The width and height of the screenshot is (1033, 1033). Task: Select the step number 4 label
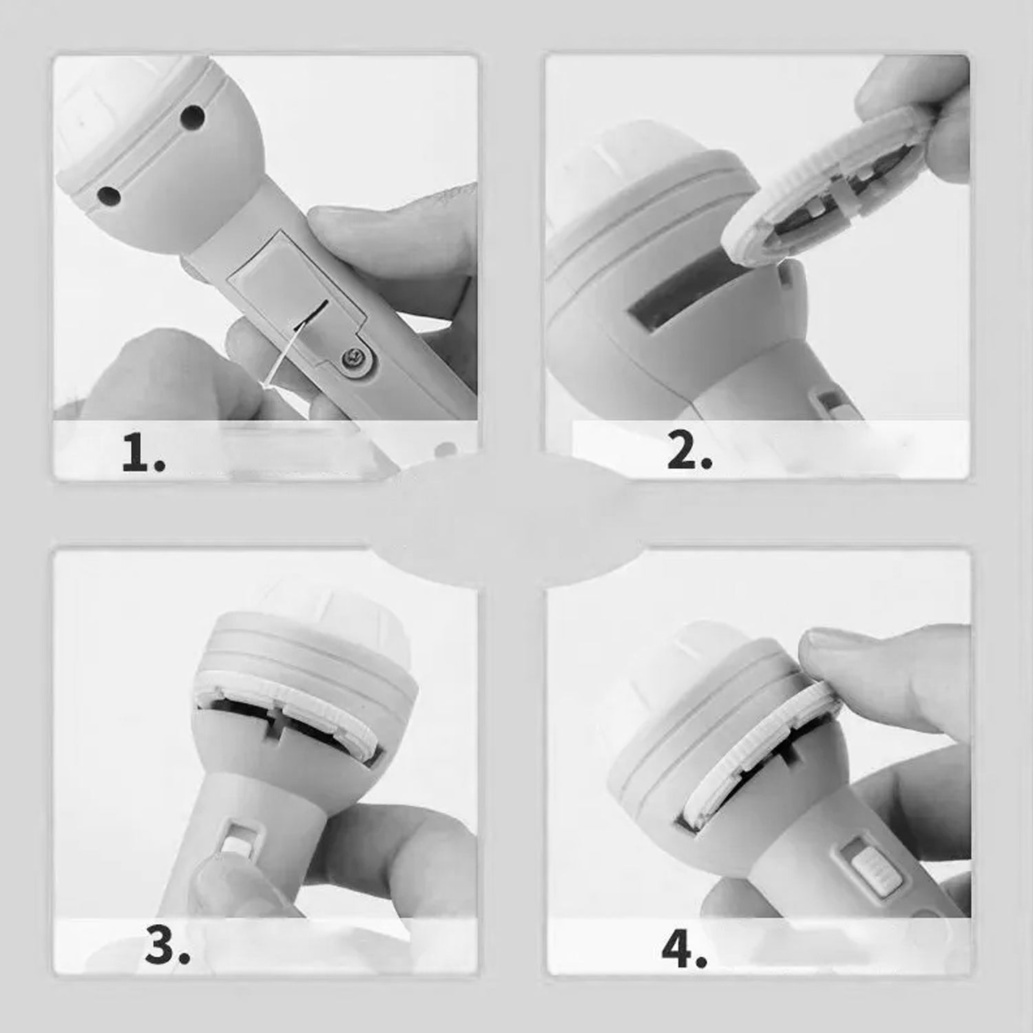[684, 950]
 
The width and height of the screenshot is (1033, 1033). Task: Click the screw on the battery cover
[353, 357]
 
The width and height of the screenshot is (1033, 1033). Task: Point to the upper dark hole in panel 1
[191, 116]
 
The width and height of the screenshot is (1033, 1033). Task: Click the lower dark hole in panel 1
[108, 195]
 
